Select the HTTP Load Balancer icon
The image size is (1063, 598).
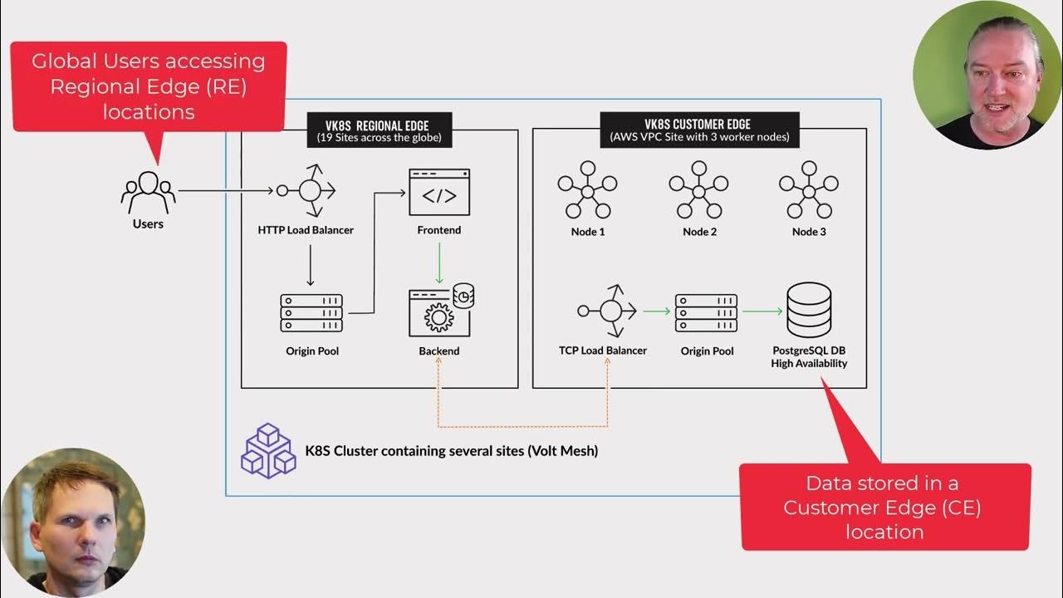pyautogui.click(x=308, y=191)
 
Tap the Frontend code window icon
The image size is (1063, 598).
pyautogui.click(x=439, y=193)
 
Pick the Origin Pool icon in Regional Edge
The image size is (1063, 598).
pyautogui.click(x=311, y=313)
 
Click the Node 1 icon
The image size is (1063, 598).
pyautogui.click(x=587, y=191)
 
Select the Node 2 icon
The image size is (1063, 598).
pyautogui.click(x=698, y=191)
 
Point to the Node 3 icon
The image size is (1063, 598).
pyautogui.click(x=808, y=191)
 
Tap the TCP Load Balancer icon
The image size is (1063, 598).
pyautogui.click(x=609, y=311)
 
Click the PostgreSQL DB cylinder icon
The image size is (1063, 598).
pyautogui.click(x=808, y=311)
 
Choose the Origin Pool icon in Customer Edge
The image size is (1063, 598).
pyautogui.click(x=706, y=313)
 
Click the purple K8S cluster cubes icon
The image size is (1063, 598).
pyautogui.click(x=267, y=450)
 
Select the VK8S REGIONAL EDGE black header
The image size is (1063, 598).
pyautogui.click(x=379, y=130)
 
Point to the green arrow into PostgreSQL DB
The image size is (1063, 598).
pyautogui.click(x=762, y=311)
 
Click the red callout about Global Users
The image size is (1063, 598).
pyautogui.click(x=149, y=86)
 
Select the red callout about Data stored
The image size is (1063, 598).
pyautogui.click(x=884, y=507)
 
